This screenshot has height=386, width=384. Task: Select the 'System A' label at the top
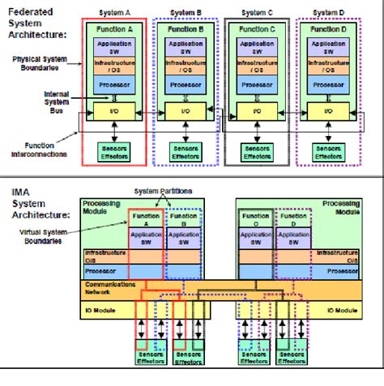114,14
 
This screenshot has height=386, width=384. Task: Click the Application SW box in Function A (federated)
114,46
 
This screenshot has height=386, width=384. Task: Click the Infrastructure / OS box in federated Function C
255,65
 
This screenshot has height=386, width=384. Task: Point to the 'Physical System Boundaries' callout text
43,64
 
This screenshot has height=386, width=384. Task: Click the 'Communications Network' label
106,289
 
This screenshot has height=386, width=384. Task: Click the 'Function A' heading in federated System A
114,28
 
